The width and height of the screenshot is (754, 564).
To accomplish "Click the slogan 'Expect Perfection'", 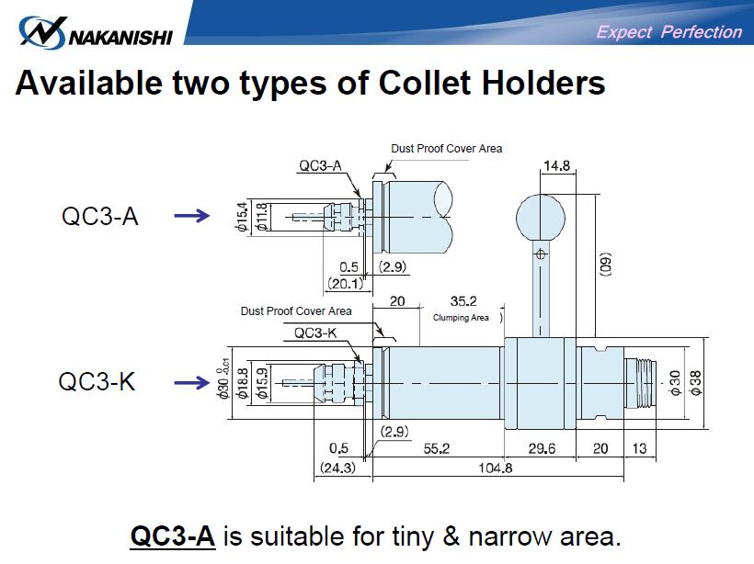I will (668, 32).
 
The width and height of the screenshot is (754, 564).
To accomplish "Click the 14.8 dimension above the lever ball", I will (557, 166).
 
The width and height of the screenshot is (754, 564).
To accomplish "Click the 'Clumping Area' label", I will (461, 318).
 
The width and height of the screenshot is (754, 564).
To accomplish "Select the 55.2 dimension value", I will (436, 448).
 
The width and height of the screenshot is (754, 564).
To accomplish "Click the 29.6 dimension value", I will (543, 448).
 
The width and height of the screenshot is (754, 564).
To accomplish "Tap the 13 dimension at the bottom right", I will (640, 448).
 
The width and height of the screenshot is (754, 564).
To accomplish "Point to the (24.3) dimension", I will (337, 467).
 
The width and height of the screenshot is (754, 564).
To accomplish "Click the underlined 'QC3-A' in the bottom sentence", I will (173, 535).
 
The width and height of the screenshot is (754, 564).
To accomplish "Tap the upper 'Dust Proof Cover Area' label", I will (446, 148).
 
